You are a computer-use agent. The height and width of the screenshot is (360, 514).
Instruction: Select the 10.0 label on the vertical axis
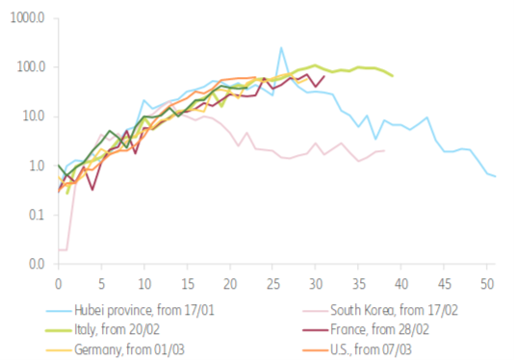(31, 116)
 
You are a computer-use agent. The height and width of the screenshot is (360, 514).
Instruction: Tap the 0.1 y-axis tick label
(34, 215)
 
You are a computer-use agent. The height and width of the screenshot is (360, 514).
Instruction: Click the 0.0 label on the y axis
(34, 264)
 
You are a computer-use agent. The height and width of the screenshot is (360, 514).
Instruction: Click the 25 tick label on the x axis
(272, 284)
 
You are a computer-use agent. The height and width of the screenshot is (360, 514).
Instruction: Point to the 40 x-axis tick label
(401, 284)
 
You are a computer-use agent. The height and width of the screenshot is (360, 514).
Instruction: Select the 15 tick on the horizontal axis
(187, 284)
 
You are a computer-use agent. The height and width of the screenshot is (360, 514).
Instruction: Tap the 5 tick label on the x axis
(101, 284)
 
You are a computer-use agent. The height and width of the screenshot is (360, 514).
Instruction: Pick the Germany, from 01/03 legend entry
(121, 348)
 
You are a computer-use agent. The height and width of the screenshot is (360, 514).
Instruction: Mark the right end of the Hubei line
(495, 177)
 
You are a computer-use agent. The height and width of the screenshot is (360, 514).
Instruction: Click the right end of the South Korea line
(384, 151)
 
